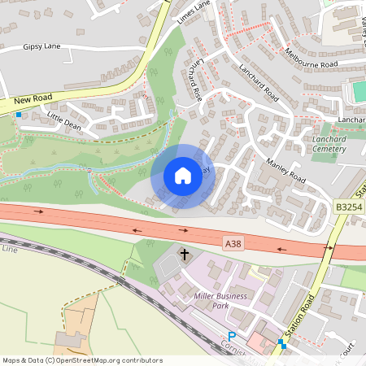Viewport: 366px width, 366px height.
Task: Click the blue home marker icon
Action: pyautogui.click(x=182, y=175)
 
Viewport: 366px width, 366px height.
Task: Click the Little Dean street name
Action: pyautogui.click(x=66, y=122)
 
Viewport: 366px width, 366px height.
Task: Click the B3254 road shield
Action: pyautogui.click(x=348, y=208)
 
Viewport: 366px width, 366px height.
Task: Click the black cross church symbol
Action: pyautogui.click(x=185, y=255)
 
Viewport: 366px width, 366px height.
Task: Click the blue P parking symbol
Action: pyautogui.click(x=232, y=336)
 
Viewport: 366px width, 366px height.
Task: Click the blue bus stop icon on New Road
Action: pyautogui.click(x=18, y=115)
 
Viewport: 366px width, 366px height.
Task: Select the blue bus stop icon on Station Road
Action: pyautogui.click(x=281, y=343)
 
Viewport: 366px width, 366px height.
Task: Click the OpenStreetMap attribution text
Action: pyautogui.click(x=81, y=360)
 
